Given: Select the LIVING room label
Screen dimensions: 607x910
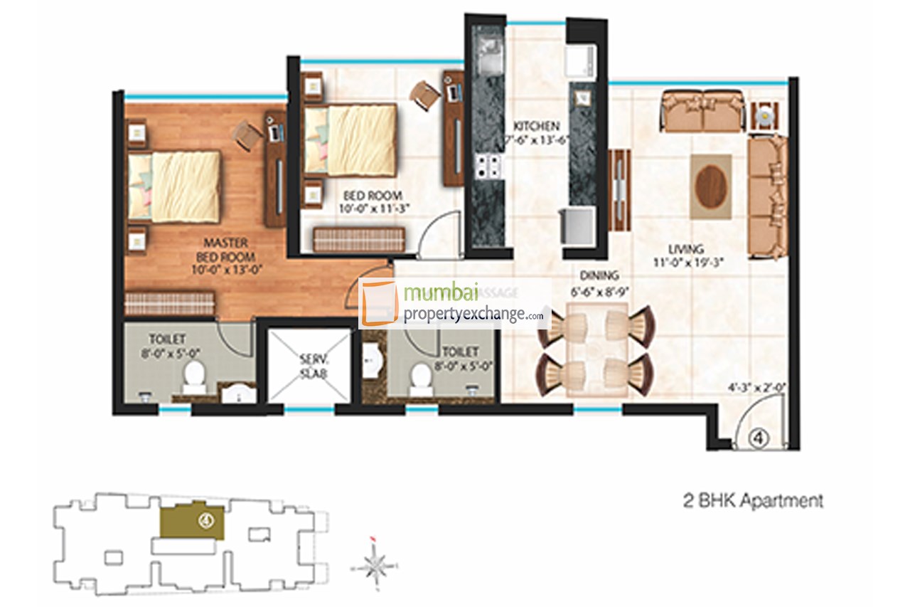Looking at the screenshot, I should click(x=685, y=249).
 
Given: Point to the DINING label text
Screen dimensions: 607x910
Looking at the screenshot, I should click(x=599, y=275).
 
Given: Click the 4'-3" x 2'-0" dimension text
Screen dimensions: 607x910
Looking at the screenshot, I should click(x=755, y=389).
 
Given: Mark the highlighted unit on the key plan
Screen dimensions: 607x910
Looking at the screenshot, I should click(x=192, y=522).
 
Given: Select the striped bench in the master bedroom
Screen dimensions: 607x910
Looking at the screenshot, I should click(x=169, y=302).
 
